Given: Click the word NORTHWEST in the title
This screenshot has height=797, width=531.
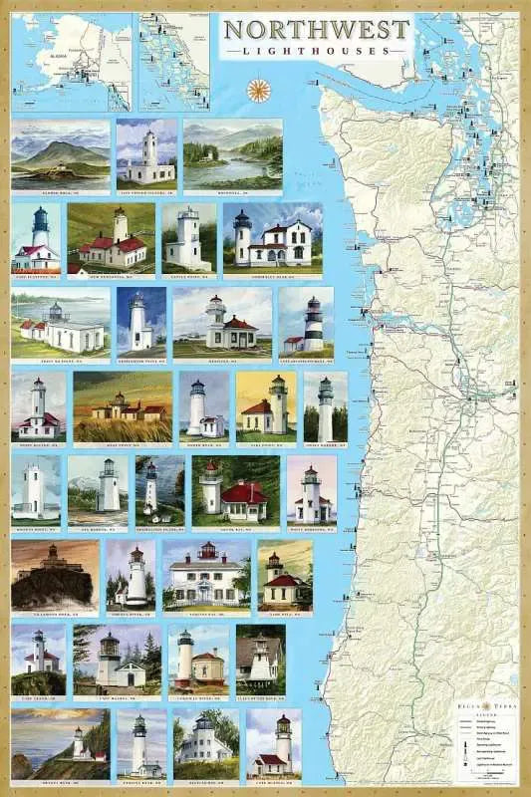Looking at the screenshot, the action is pos(316,27).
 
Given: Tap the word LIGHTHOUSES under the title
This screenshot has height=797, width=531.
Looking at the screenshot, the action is pos(316,49).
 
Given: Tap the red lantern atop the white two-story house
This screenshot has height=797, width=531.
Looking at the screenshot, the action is pos(207,549).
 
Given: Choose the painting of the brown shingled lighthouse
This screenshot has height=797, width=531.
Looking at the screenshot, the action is pos(260,657).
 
